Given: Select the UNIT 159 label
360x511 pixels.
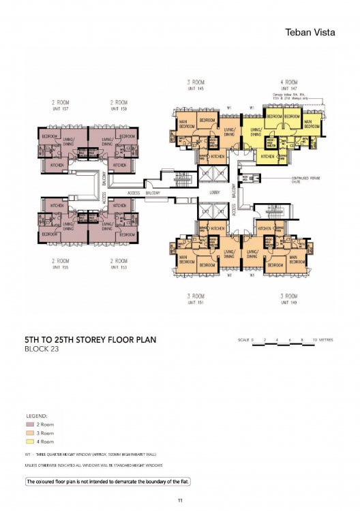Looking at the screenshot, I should click(119, 109).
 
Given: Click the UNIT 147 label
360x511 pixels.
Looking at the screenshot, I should click(291, 88).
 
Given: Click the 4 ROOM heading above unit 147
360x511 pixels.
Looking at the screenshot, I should click(291, 82).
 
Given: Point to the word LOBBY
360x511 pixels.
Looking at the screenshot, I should click(213, 193).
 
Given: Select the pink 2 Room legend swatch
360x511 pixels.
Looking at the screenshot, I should click(30, 424).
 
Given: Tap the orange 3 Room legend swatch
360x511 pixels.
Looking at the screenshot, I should click(30, 433).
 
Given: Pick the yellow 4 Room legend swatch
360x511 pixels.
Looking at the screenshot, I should click(30, 442).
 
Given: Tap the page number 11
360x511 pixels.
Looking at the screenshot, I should click(179, 501).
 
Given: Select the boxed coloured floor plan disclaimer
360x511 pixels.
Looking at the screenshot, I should click(108, 482).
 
